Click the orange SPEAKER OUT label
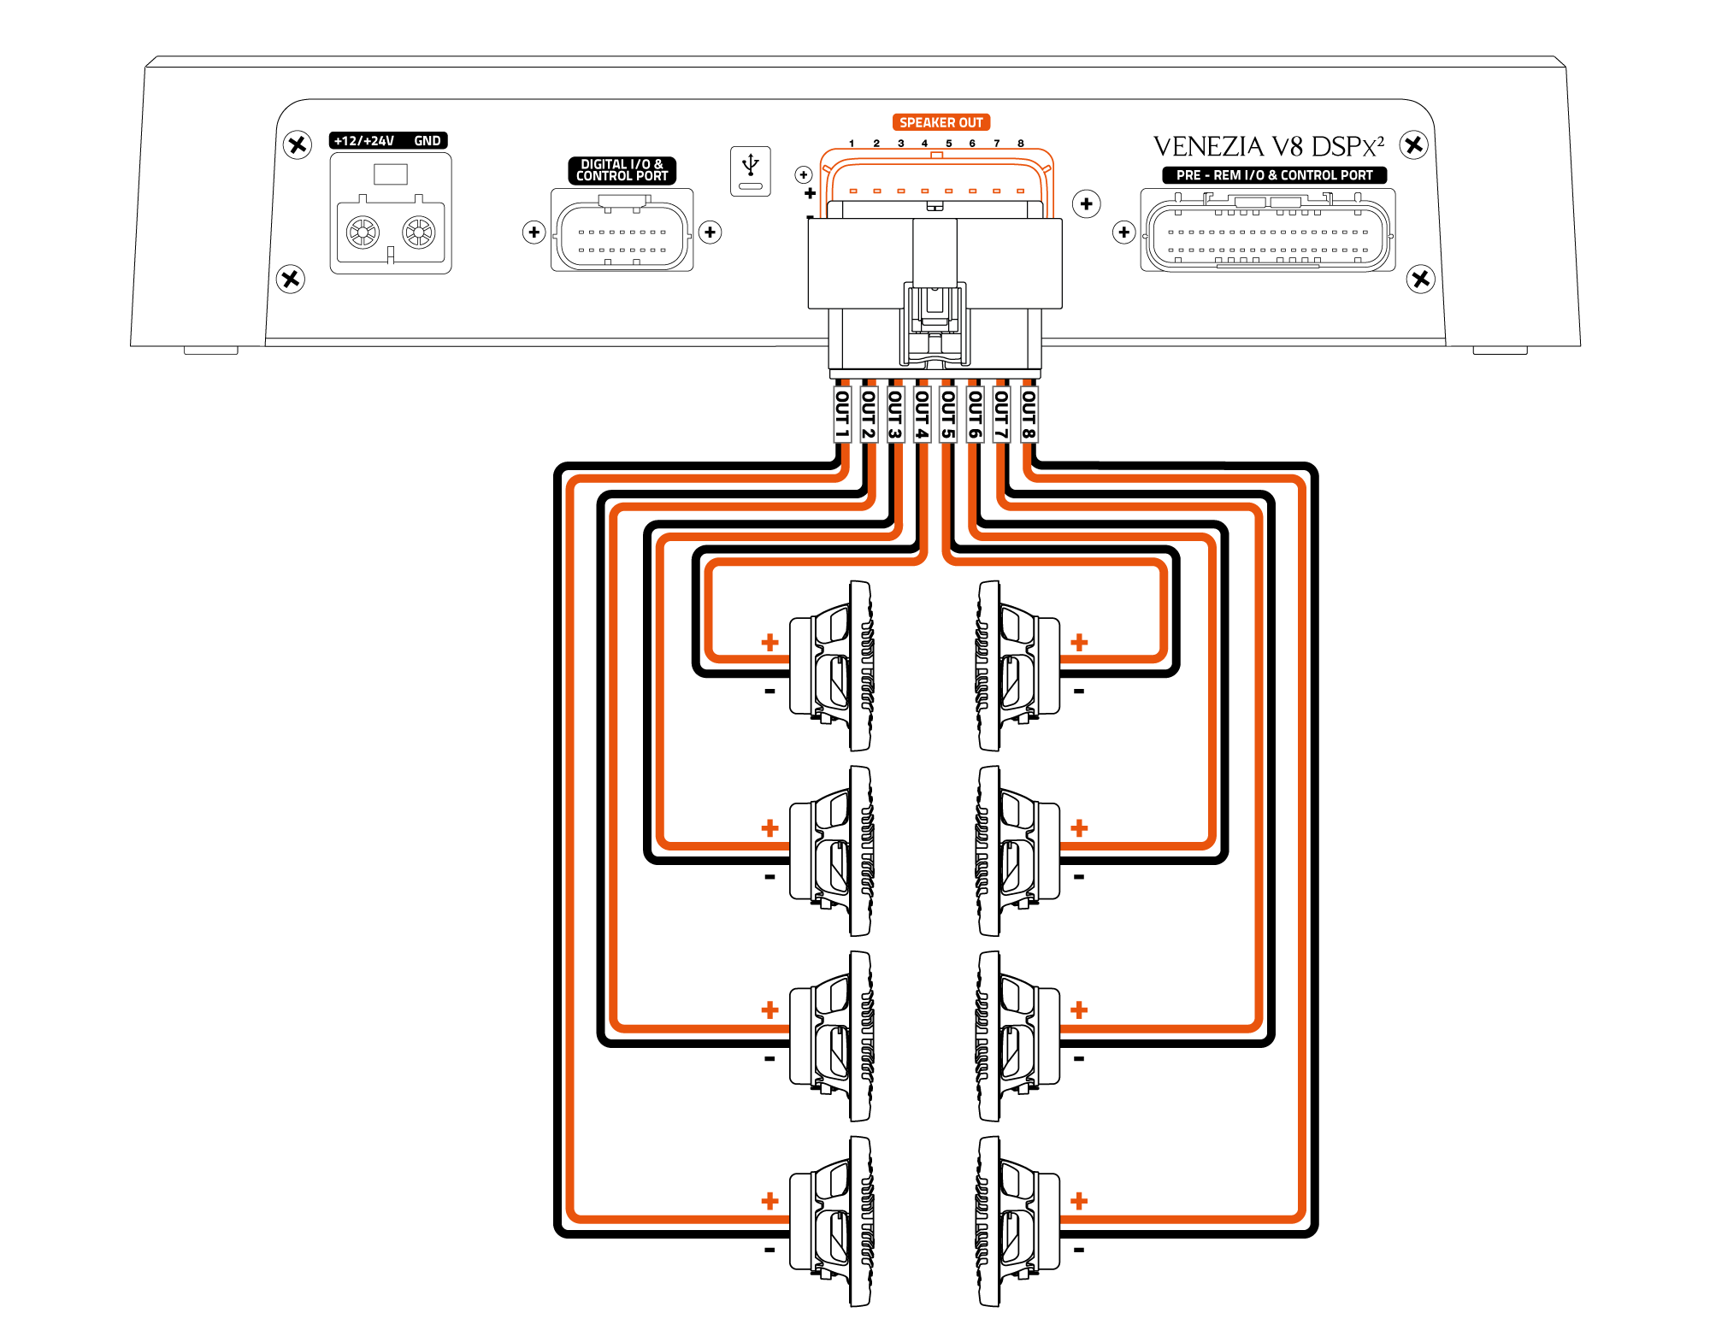[x=940, y=122]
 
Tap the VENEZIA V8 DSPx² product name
[x=1269, y=147]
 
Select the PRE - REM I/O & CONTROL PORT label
[x=1274, y=175]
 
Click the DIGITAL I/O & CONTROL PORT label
[x=622, y=170]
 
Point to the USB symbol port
[x=751, y=171]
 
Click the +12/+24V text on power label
[x=364, y=141]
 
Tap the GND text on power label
[x=427, y=141]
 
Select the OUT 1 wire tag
[x=842, y=415]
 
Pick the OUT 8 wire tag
[x=1029, y=415]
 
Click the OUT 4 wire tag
[x=922, y=415]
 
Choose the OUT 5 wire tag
[x=948, y=415]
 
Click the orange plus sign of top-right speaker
[x=1079, y=642]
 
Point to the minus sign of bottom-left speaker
[x=769, y=1250]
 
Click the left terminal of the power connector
[x=363, y=232]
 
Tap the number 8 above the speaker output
[x=1021, y=144]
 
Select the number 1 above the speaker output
[x=852, y=144]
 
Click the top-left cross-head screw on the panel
[x=298, y=144]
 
